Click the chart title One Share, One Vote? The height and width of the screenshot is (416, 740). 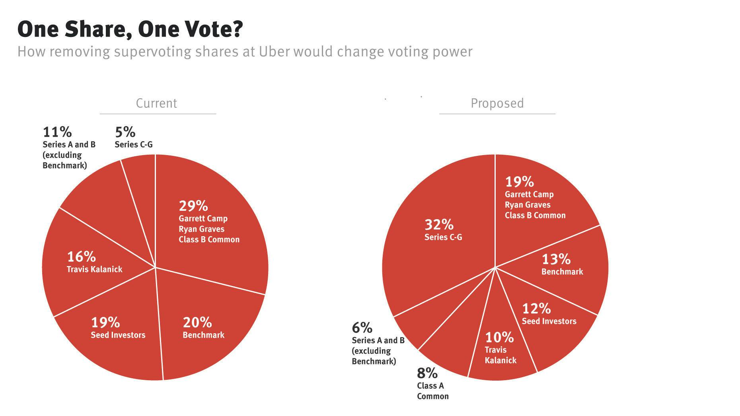tap(130, 29)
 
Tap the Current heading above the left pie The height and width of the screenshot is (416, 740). tap(156, 103)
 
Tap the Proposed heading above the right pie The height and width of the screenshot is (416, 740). tap(497, 103)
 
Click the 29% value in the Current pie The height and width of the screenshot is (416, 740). tap(193, 206)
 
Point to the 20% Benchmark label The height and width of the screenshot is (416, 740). tap(203, 328)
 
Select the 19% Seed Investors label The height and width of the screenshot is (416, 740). tap(118, 328)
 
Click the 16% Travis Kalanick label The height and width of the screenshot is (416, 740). tap(94, 262)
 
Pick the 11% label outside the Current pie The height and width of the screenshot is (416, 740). tap(57, 132)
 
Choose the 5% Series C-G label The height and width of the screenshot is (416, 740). tap(125, 132)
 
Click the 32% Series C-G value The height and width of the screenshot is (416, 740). tap(439, 225)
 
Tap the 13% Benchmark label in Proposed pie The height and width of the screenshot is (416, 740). tap(562, 265)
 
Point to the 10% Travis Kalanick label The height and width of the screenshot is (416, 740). tap(500, 348)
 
